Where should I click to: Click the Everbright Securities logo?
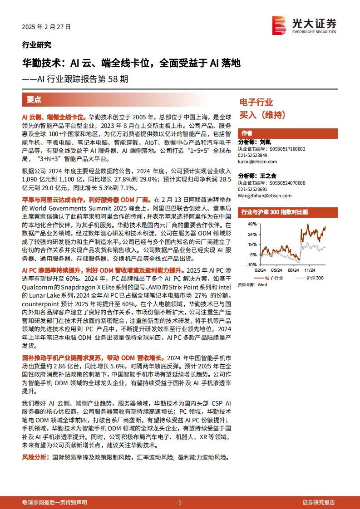click(x=304, y=25)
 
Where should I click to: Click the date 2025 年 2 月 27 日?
click(x=46, y=27)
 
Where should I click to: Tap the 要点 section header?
click(x=34, y=100)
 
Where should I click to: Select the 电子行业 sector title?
click(x=256, y=102)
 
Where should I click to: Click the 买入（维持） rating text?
click(x=262, y=115)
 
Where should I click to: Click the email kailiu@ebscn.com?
click(x=257, y=162)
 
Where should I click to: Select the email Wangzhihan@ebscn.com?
click(x=265, y=196)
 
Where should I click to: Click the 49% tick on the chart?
click(x=252, y=225)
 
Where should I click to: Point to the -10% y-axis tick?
click(x=252, y=264)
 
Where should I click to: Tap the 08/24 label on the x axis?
click(x=293, y=269)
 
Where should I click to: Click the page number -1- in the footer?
click(x=179, y=502)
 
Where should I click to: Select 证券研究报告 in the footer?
click(x=319, y=502)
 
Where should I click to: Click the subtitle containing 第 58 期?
click(x=75, y=79)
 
